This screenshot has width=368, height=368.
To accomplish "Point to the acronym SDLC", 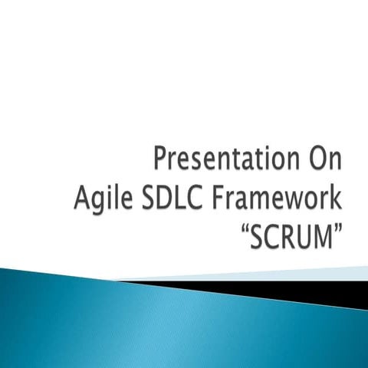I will pos(183,201).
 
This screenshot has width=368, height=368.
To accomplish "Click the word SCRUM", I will pos(292,240).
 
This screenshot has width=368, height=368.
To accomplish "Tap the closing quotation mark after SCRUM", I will pos(337,231).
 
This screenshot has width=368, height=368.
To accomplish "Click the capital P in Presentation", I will pos(161,160).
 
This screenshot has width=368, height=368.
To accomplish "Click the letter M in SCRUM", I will pos(324,240).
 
